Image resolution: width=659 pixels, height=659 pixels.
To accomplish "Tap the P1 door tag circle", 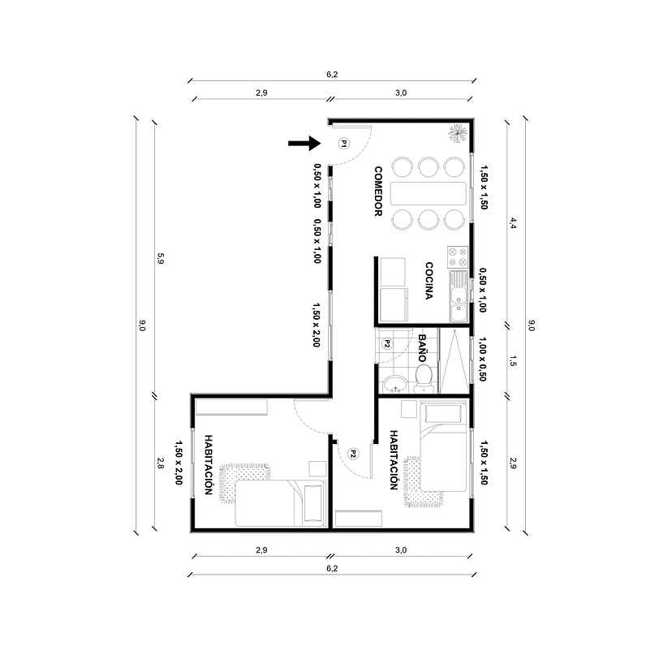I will (342, 144).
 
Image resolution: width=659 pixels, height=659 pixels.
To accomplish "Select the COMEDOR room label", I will (378, 192).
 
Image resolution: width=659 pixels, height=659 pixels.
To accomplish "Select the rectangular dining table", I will (429, 193).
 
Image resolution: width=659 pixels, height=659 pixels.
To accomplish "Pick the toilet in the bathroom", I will (424, 376).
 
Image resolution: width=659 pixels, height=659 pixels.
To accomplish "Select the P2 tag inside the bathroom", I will (388, 343).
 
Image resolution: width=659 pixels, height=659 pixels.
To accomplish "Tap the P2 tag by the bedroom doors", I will (353, 454).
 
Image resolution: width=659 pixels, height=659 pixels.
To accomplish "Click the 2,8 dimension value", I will (161, 464).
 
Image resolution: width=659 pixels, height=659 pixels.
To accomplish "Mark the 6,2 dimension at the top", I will (332, 75).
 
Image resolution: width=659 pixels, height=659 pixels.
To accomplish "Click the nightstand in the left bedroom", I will (317, 469).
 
